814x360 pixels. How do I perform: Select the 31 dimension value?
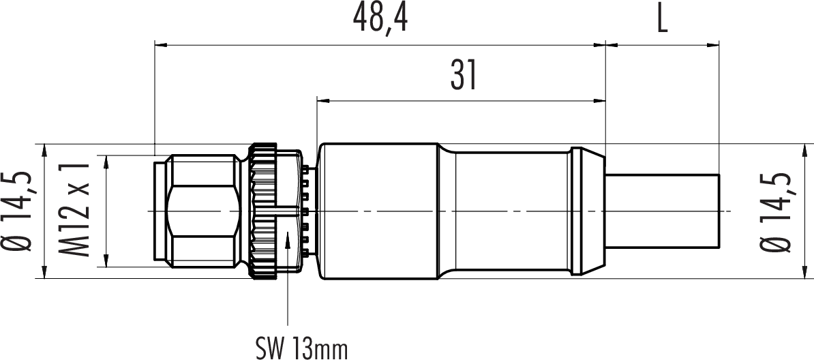[462, 76]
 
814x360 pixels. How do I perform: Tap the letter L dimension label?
[662, 20]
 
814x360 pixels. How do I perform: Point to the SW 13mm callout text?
[301, 348]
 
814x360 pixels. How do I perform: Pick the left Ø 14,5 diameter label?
[18, 211]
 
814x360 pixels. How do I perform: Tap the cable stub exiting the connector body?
[662, 211]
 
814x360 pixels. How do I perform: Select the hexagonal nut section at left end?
[204, 211]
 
